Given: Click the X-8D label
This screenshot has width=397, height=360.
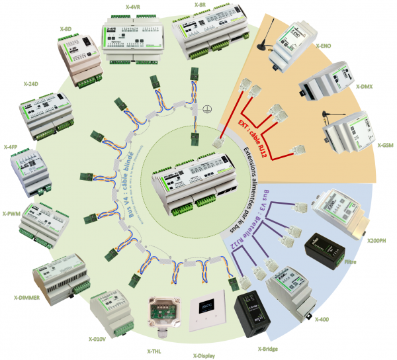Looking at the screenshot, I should pos(65,29).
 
